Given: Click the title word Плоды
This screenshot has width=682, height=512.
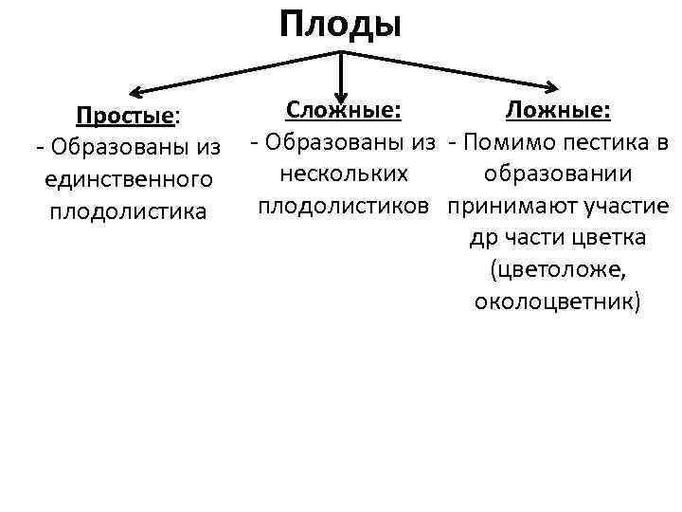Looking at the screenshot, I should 340,23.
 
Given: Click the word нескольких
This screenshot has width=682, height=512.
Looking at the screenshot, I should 345,174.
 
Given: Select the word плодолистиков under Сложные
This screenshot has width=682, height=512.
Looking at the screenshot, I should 345,205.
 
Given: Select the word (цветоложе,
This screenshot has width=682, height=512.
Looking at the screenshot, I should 558,269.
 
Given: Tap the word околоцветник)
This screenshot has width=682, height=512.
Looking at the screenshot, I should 558,302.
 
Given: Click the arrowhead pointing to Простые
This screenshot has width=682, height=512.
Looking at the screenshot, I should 135,93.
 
